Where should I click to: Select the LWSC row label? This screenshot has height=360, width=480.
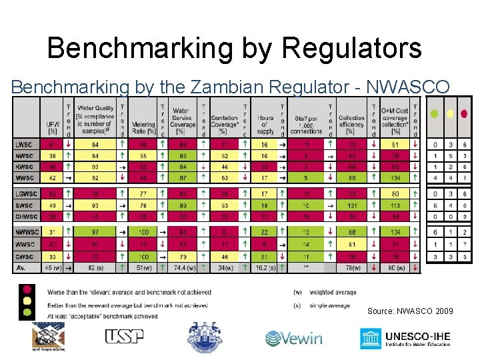(x=24, y=144)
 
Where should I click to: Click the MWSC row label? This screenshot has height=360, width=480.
(x=24, y=178)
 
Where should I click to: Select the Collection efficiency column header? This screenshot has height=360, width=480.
(x=351, y=121)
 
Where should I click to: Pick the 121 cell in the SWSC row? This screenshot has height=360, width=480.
(x=351, y=205)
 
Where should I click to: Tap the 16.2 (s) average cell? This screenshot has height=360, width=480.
(x=265, y=268)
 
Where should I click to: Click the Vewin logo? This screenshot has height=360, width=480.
(x=294, y=338)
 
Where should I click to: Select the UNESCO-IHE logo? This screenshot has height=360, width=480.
(x=405, y=338)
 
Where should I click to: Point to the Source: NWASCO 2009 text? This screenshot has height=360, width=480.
(x=410, y=311)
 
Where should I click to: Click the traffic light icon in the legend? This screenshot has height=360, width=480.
(x=27, y=301)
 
